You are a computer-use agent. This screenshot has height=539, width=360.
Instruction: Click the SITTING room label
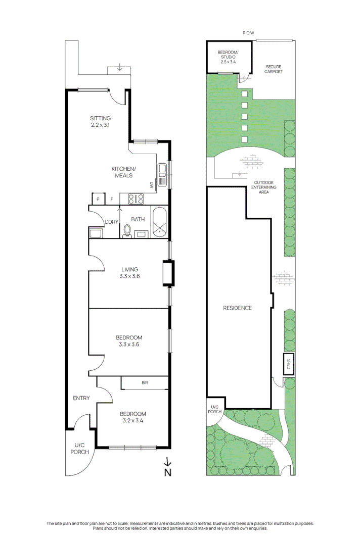coord(100,122)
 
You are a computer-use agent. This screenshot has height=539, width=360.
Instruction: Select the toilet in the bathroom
coord(127,231)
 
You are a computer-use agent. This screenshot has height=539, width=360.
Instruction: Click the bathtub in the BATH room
coord(159,222)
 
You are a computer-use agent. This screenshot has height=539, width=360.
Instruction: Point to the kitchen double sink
coord(162,175)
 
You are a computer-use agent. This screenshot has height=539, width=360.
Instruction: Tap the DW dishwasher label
coord(151,185)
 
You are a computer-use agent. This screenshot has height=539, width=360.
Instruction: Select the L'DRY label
coord(111,222)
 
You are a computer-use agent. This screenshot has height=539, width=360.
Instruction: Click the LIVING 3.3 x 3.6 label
coord(129,273)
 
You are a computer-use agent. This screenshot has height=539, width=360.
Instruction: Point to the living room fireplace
coord(168,273)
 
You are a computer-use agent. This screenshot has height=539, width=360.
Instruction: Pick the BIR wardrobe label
coord(145,384)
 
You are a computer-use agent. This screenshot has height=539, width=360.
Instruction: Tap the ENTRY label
coord(81,398)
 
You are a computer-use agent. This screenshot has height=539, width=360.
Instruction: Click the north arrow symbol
coord(168,467)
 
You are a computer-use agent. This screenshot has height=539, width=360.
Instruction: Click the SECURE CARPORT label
coord(273,69)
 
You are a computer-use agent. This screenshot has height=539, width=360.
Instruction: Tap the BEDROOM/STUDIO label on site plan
coord(228,57)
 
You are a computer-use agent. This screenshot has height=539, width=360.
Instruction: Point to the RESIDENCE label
coord(237,308)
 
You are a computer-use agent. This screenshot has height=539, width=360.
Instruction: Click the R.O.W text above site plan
coord(248,33)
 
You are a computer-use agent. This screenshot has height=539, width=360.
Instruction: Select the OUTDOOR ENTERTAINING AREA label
coord(264,187)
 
